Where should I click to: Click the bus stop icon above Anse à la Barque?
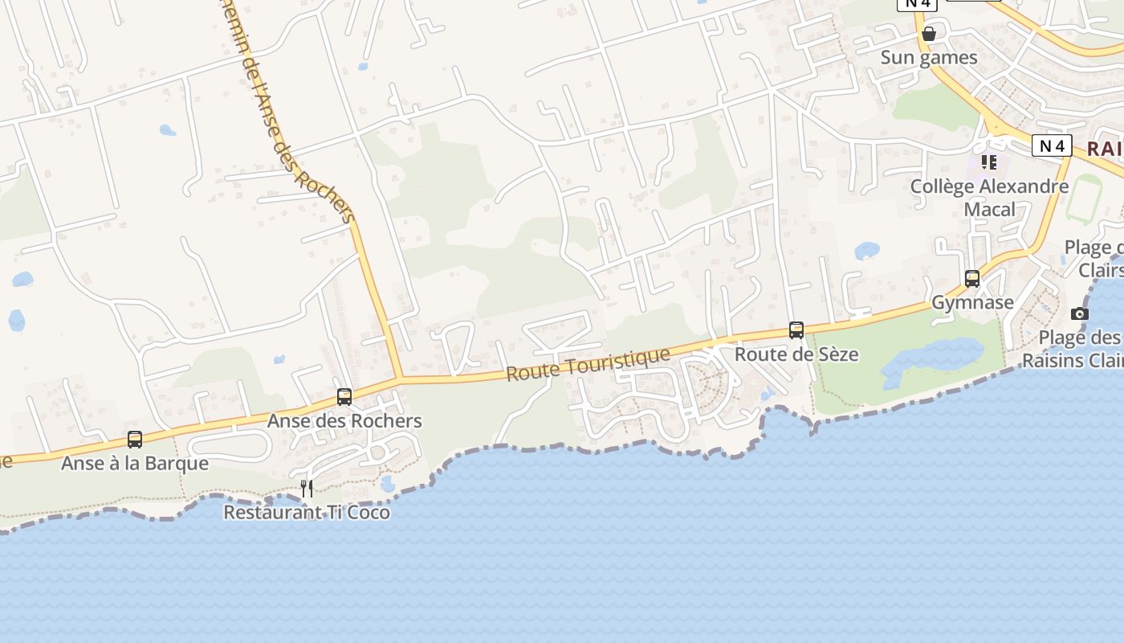pos(135,440)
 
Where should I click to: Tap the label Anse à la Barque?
pos(135,464)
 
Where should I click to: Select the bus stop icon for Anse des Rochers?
pos(344,396)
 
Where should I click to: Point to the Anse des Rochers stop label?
pos(344,421)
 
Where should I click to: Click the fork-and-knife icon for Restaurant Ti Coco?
pos(307,488)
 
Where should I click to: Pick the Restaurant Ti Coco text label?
pos(307,512)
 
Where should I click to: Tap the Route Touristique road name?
pos(588,364)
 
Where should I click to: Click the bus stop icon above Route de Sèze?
pos(796,330)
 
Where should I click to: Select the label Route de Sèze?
pos(796,354)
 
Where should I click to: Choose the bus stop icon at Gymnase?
pos(972,279)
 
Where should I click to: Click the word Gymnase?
pos(972,303)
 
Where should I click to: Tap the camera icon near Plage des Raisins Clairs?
pos(1080,313)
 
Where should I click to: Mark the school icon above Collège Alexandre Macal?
pos(989,162)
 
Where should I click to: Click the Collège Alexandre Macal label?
pos(989,198)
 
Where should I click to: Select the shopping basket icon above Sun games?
pos(929,34)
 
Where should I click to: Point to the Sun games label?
pos(929,58)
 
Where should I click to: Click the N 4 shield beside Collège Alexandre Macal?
pos(1052,145)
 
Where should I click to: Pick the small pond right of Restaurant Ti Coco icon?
pos(388,484)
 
